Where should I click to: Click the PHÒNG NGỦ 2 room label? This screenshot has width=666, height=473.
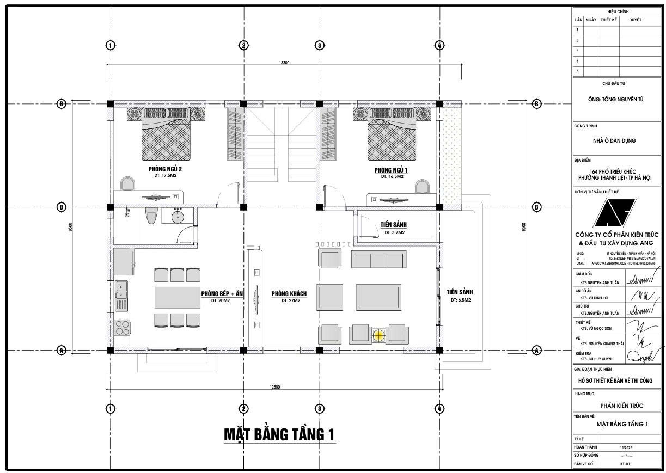pyautogui.click(x=164, y=169)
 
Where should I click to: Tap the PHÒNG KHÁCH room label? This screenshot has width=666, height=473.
pyautogui.click(x=289, y=294)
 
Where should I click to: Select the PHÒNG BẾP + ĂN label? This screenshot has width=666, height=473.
pyautogui.click(x=222, y=294)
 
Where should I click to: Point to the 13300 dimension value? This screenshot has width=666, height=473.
pyautogui.click(x=284, y=63)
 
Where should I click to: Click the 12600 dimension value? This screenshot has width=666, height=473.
pyautogui.click(x=274, y=387)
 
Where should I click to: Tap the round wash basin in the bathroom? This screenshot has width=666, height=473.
pyautogui.click(x=178, y=217)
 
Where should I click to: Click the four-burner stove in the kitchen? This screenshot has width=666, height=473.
pyautogui.click(x=123, y=327)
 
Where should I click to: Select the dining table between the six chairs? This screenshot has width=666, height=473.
pyautogui.click(x=178, y=298)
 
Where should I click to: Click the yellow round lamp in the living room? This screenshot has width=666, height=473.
pyautogui.click(x=378, y=335)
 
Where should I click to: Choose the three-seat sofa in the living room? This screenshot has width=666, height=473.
pyautogui.click(x=379, y=260)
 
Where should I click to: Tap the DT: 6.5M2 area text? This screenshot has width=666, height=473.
pyautogui.click(x=460, y=300)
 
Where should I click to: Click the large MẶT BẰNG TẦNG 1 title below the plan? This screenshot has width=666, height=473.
pyautogui.click(x=279, y=434)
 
